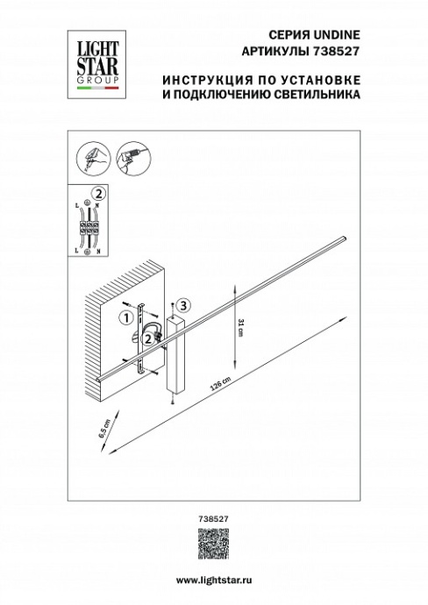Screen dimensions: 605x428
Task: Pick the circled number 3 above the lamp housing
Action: click(x=182, y=305)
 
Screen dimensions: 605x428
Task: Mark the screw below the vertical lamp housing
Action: click(x=175, y=401)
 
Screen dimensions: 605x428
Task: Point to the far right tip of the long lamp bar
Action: click(x=347, y=236)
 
